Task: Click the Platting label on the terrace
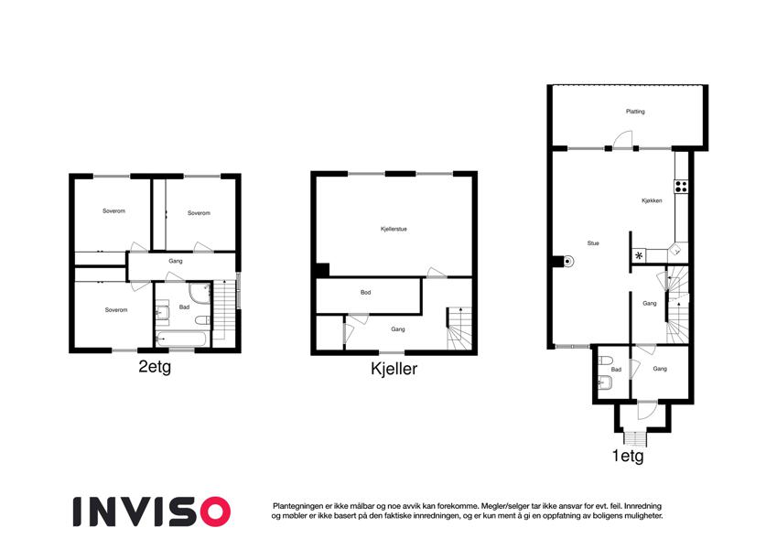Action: tap(635, 112)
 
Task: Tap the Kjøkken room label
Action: tap(652, 200)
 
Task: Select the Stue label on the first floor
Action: tap(593, 243)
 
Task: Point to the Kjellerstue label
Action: tap(394, 229)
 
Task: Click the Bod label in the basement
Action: tap(366, 292)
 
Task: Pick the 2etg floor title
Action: tap(155, 367)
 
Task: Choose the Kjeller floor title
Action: tap(394, 369)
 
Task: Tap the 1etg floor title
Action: tap(628, 456)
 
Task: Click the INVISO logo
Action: tap(152, 511)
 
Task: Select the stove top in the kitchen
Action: tap(681, 187)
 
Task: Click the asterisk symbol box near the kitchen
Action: tap(639, 255)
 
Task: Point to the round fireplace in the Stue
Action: tap(568, 261)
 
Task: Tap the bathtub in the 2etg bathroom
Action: tap(181, 339)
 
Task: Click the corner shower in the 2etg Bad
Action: tap(200, 292)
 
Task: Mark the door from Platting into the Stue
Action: tap(623, 139)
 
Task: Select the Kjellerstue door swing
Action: tap(437, 272)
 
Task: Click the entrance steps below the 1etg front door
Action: tap(635, 438)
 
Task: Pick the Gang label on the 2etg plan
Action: tap(176, 261)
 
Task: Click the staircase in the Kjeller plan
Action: tap(459, 328)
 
